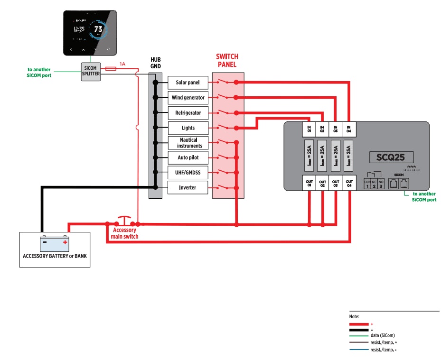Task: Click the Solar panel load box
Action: point(188,83)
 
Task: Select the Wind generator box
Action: point(188,98)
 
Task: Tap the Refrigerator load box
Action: point(188,113)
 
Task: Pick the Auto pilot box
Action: point(188,157)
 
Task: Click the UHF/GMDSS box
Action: point(188,173)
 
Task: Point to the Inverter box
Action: point(188,188)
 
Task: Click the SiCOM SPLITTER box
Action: point(91,71)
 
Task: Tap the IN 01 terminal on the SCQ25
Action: point(309,129)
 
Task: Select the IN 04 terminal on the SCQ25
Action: point(349,129)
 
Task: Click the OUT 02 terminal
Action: point(322,183)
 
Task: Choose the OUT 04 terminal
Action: point(349,183)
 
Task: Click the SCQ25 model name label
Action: point(391,157)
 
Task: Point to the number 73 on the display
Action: point(98,29)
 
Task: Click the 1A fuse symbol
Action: point(111,69)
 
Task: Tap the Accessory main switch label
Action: point(124,233)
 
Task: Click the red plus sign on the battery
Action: point(65,242)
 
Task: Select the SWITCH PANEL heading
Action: point(227,61)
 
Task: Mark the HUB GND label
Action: point(156,63)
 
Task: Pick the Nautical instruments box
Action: point(188,143)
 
